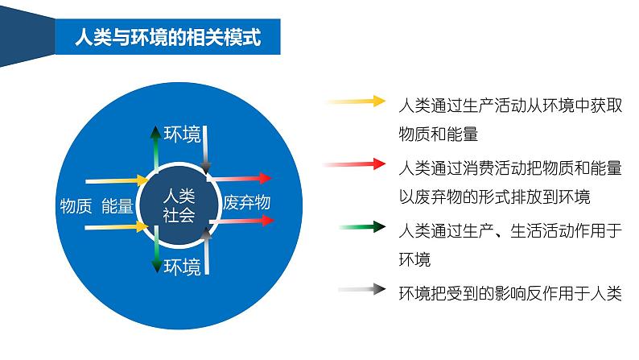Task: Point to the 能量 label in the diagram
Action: click(x=117, y=205)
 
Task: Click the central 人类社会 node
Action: click(x=179, y=205)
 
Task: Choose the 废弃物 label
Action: click(x=246, y=203)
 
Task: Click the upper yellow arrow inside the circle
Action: click(x=117, y=181)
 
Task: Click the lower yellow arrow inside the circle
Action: click(x=117, y=228)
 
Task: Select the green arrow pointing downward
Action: click(x=155, y=258)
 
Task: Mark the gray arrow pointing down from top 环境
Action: click(x=207, y=151)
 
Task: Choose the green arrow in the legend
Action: click(x=361, y=228)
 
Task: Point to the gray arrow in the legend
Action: click(x=361, y=290)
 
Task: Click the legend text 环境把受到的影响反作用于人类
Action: click(x=510, y=293)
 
